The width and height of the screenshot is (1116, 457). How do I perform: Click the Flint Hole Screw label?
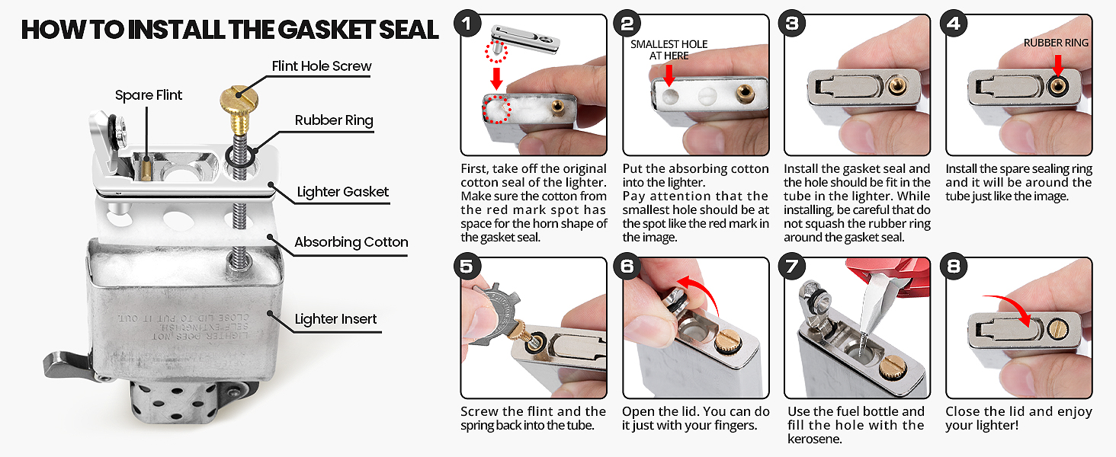[x=322, y=66]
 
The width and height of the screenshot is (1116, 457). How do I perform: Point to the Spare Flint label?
[x=149, y=95]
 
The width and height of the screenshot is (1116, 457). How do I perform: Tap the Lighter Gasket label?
[x=343, y=192]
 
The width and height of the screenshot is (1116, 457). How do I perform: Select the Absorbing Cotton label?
[x=351, y=242]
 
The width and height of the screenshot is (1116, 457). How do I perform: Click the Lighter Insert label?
[x=336, y=319]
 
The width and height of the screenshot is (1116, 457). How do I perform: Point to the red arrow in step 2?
[x=669, y=74]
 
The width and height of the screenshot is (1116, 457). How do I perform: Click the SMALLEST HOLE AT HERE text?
[x=669, y=50]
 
